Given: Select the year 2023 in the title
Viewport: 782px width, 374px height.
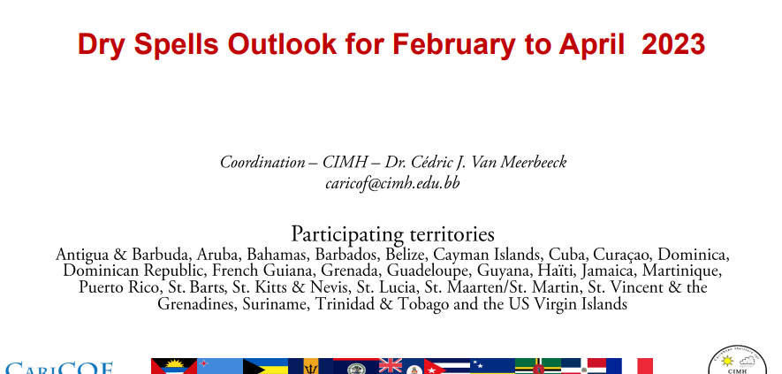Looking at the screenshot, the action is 673,44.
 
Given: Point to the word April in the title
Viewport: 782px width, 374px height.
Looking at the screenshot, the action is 592,45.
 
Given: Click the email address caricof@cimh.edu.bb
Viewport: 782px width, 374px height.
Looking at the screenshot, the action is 392,183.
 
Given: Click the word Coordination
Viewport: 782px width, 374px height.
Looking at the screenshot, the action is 262,163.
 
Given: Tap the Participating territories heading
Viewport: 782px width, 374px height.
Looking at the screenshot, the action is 392,233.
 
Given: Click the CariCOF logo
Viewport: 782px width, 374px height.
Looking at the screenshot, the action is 59,368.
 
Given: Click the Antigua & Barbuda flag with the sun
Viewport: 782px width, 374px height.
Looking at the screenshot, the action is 174,366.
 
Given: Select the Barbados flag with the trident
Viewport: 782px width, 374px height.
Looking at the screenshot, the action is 311,366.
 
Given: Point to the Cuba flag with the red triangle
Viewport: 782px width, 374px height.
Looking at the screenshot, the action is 447,366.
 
